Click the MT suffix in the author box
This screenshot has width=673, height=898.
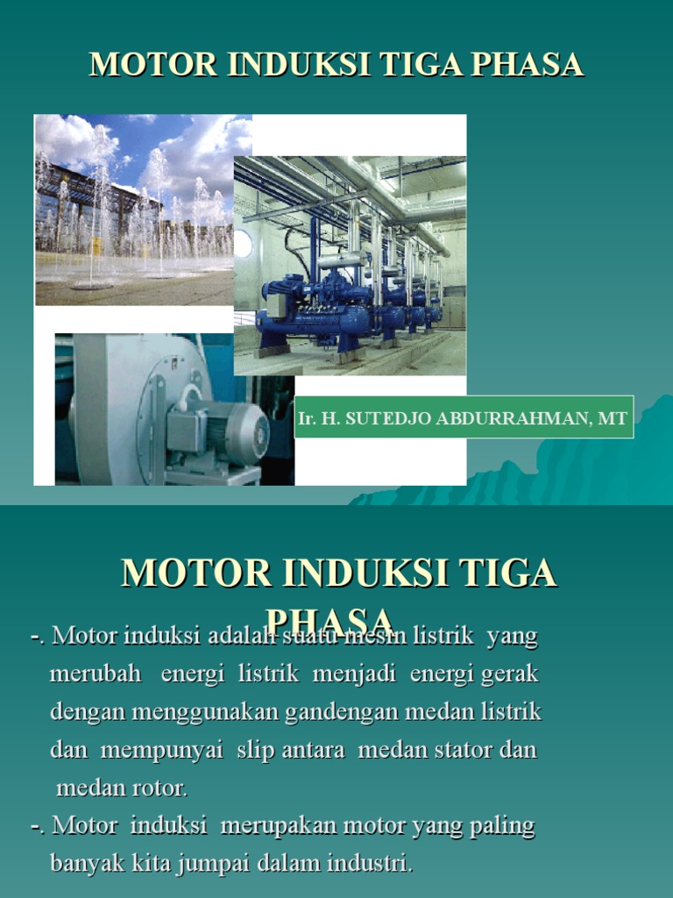tap(613, 418)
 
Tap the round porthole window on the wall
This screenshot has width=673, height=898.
tap(243, 243)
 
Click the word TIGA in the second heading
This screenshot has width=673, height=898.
tap(514, 574)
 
